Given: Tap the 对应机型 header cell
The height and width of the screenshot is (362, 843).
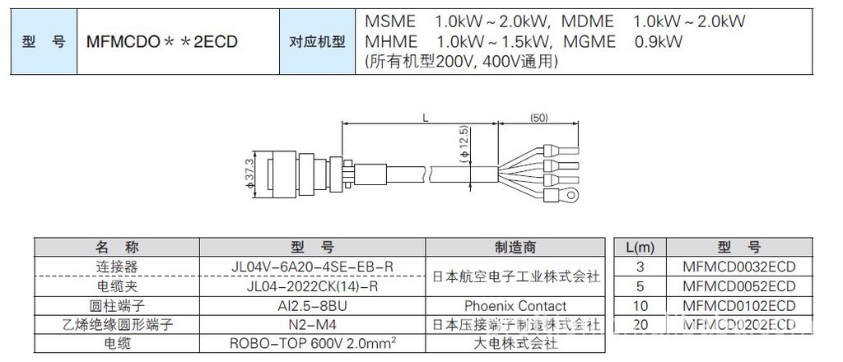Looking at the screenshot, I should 317,40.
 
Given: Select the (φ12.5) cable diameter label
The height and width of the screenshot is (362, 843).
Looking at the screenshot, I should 463,143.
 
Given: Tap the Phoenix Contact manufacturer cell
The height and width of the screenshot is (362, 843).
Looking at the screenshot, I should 515,306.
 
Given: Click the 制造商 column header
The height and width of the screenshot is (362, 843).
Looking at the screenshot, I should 515,247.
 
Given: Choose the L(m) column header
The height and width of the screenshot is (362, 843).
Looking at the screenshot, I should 639,247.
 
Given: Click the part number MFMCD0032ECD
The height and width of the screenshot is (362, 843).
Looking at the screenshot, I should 738,267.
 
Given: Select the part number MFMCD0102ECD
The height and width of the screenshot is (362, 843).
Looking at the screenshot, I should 738,306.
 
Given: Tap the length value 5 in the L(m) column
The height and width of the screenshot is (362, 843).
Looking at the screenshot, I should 639,286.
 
